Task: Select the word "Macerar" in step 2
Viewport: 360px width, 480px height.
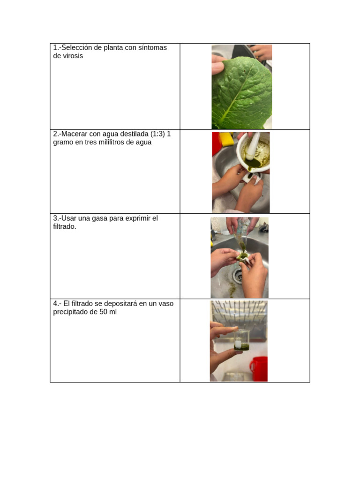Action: pyautogui.click(x=75, y=134)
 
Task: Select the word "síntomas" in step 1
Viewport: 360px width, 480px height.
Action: pyautogui.click(x=152, y=47)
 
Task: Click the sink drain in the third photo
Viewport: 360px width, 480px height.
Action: pyautogui.click(x=240, y=277)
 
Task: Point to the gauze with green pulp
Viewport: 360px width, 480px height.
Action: pyautogui.click(x=243, y=255)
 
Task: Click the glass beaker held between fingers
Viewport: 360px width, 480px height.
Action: pyautogui.click(x=241, y=340)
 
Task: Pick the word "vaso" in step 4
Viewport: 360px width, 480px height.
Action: pyautogui.click(x=166, y=303)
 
